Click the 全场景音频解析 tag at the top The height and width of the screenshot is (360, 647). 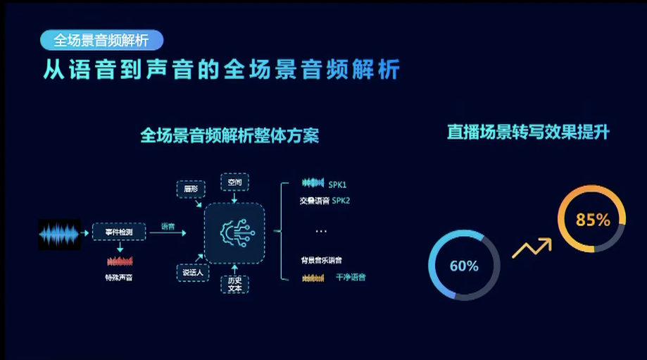click(101, 40)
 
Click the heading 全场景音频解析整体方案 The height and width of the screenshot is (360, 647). click(230, 135)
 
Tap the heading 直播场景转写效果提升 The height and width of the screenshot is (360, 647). click(528, 132)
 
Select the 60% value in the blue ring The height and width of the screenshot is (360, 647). click(464, 266)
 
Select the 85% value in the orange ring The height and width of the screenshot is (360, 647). click(593, 220)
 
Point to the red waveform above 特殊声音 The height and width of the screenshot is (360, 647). click(119, 261)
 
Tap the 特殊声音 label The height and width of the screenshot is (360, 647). click(118, 278)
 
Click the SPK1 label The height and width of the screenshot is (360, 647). click(337, 185)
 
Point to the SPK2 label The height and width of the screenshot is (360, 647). click(341, 201)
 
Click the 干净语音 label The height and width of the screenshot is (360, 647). click(351, 278)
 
